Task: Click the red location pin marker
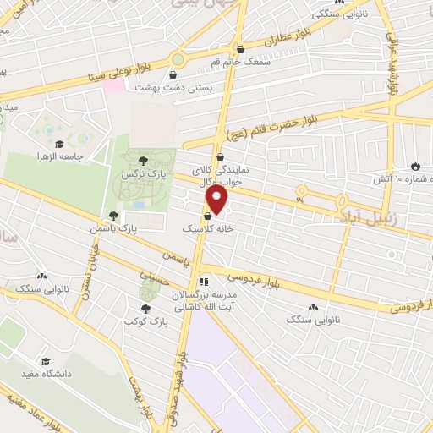coord(217,200)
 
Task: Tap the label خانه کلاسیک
coord(207,229)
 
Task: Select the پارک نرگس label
coord(140,173)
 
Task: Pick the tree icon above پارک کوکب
coord(145,309)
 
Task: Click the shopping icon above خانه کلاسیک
coord(207,216)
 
